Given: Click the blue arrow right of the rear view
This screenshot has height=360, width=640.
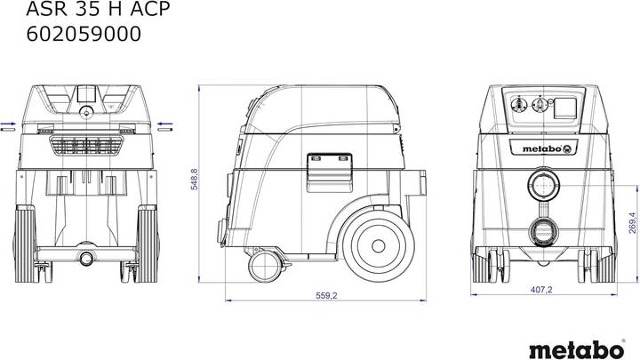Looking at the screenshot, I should click(x=164, y=125).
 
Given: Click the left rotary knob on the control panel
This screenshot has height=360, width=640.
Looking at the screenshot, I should click(x=518, y=104).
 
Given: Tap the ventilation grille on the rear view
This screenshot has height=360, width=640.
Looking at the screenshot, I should click(x=87, y=144).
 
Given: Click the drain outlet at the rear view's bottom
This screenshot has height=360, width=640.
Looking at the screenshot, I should click(x=87, y=258).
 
